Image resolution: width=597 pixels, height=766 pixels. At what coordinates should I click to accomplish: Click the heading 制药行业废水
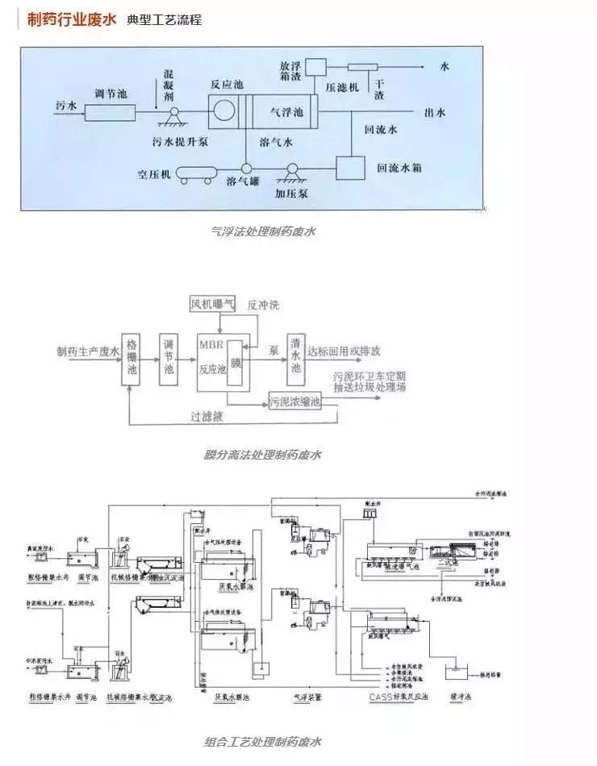71,19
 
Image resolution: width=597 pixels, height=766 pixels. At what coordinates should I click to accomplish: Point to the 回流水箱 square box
349,168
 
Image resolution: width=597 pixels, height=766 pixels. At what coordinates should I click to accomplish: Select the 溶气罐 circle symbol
245,167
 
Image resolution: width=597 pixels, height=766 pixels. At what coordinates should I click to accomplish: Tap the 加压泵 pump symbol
291,171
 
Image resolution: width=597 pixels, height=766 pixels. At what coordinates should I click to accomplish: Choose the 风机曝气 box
212,304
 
